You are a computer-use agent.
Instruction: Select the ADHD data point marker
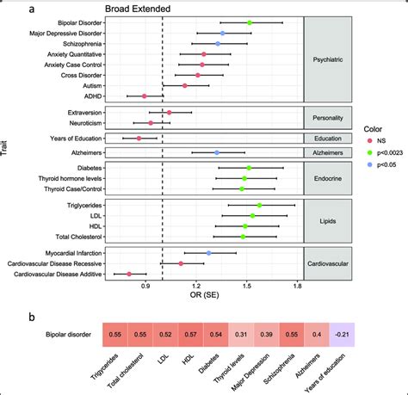tap(145, 96)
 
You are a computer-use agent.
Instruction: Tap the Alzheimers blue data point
tap(217, 152)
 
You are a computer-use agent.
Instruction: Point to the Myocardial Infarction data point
tap(209, 253)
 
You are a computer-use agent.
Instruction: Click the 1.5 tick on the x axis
tap(247, 285)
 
